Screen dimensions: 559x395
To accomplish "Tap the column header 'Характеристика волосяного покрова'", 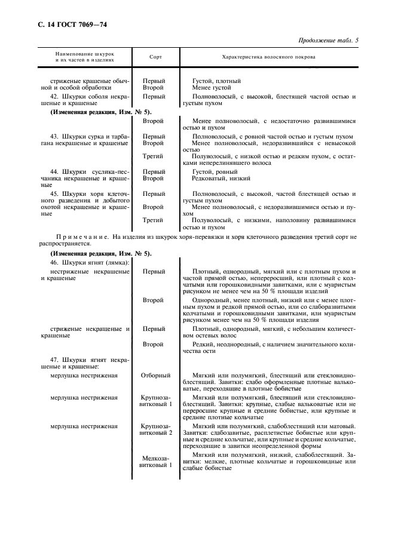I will (268, 57).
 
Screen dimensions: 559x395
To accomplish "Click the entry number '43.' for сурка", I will (54, 137).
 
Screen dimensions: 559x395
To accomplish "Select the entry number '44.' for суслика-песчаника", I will (54, 171).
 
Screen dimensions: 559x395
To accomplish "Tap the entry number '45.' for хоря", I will (54, 193).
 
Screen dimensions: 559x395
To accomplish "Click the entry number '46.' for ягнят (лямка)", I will (54, 263).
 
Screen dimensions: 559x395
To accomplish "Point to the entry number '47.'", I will (54, 361).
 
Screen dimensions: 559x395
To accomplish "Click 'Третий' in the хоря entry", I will (153, 220).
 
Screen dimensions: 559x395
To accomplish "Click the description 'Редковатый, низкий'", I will (221, 179).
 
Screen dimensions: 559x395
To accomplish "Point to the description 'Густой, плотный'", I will (216, 81).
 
